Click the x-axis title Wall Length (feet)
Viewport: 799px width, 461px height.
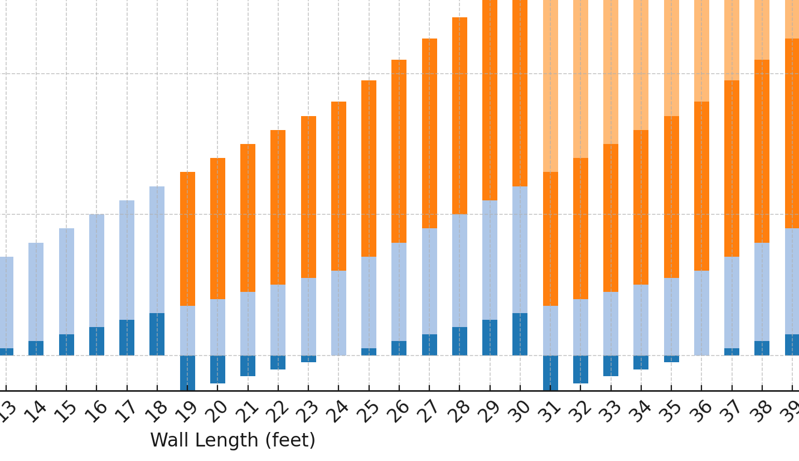point(233,441)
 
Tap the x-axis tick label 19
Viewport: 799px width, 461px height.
point(186,412)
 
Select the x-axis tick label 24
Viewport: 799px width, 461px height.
point(337,412)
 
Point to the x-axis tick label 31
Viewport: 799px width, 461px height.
point(549,412)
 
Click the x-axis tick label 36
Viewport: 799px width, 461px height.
point(700,412)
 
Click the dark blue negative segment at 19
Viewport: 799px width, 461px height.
point(187,372)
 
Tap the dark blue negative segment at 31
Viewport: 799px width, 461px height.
point(550,372)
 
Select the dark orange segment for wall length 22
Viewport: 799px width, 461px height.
point(278,207)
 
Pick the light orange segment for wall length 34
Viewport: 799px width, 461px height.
point(641,65)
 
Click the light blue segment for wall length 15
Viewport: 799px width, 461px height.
point(66,281)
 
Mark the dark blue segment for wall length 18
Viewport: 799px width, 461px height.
point(157,334)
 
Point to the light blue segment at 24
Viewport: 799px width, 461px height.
point(338,313)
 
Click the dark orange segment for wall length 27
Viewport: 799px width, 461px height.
point(429,133)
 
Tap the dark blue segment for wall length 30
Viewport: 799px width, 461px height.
point(520,334)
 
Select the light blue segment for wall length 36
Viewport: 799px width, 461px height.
point(701,313)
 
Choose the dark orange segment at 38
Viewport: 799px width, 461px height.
point(762,151)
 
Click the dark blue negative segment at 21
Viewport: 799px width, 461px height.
point(248,366)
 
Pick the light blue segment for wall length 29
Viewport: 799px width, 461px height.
point(490,260)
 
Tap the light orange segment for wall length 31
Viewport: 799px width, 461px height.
point(550,86)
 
